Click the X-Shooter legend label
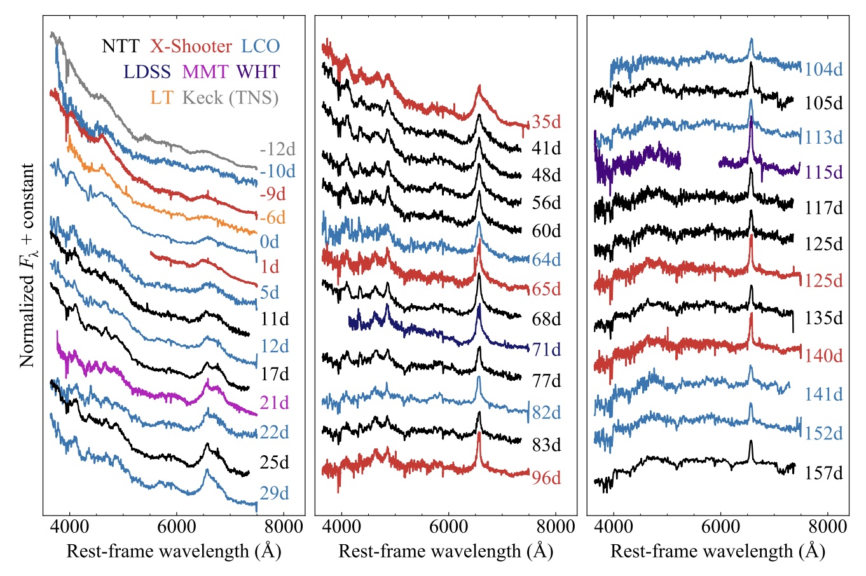tap(191, 46)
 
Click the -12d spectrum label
tap(277, 149)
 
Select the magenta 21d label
tap(274, 402)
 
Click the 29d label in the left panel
tap(274, 493)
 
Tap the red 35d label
tap(546, 121)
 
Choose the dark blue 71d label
tap(546, 349)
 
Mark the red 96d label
tap(546, 477)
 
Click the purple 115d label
tap(824, 172)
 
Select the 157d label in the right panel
tap(824, 473)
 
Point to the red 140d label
tap(824, 355)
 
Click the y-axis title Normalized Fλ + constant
tap(27, 265)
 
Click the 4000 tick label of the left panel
tap(69, 526)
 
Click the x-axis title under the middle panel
tap(446, 551)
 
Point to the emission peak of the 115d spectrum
tap(751, 118)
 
